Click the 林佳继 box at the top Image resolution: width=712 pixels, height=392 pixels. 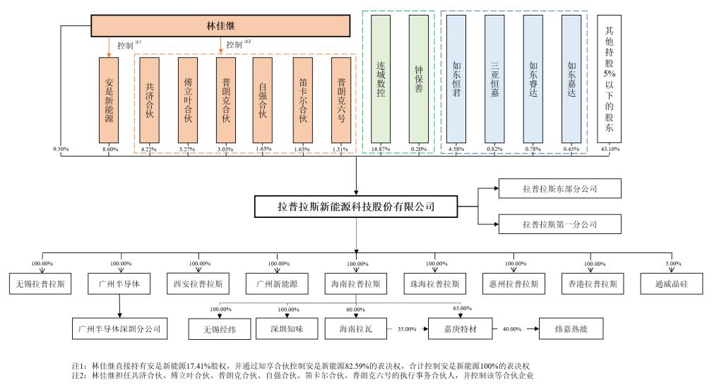(x=220, y=26)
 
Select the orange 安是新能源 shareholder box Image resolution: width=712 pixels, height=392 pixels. (x=109, y=100)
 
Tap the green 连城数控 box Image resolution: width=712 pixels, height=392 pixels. (x=381, y=79)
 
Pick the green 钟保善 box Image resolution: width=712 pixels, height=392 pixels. (x=419, y=79)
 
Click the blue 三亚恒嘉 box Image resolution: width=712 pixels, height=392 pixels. (x=494, y=79)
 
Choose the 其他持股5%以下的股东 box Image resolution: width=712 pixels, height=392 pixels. (x=609, y=79)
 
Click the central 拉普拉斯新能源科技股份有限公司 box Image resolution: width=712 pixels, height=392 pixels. (x=356, y=207)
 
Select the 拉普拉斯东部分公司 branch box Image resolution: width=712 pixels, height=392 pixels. (x=560, y=188)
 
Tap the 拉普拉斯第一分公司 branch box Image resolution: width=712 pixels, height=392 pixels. (x=560, y=224)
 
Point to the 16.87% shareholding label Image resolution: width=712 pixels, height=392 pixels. (x=381, y=149)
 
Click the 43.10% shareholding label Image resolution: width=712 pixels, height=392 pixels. (x=610, y=149)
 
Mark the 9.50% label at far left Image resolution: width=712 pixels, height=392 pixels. (x=61, y=149)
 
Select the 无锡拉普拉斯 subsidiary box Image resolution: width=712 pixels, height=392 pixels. (x=40, y=283)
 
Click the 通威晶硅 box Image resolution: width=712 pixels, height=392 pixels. (x=672, y=283)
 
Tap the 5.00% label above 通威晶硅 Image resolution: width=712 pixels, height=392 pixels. (x=673, y=264)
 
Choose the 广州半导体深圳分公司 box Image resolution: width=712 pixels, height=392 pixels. (x=119, y=329)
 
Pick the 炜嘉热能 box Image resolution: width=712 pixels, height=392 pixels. (x=571, y=329)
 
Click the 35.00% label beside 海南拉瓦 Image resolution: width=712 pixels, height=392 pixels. (x=407, y=329)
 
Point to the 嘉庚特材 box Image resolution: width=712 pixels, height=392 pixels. (x=461, y=329)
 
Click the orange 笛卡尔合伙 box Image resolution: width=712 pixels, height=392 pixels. (x=302, y=100)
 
